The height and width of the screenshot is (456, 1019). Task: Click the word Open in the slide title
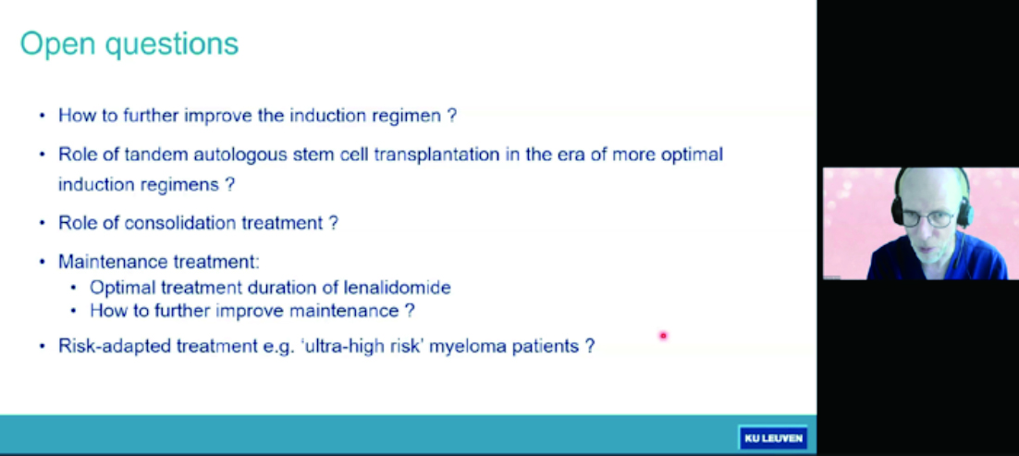(x=57, y=45)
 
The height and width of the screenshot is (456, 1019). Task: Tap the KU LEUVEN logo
(x=773, y=438)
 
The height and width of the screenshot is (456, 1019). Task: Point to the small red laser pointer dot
(x=663, y=336)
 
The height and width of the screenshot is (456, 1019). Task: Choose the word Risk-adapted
(x=115, y=345)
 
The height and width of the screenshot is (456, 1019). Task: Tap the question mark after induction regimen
(x=452, y=116)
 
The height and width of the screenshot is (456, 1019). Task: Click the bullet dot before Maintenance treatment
(x=43, y=262)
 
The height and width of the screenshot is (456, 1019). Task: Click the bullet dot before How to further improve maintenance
(x=74, y=311)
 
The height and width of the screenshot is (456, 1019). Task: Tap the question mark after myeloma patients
(x=589, y=345)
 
